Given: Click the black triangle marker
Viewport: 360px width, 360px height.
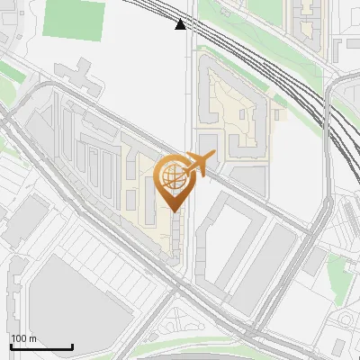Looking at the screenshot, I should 181,24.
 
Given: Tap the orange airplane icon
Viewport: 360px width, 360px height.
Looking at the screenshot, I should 198,163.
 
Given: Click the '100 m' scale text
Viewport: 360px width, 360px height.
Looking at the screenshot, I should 23,338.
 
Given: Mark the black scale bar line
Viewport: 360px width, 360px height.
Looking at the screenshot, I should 41,346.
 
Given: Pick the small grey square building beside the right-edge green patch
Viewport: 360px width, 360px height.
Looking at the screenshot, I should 314,261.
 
